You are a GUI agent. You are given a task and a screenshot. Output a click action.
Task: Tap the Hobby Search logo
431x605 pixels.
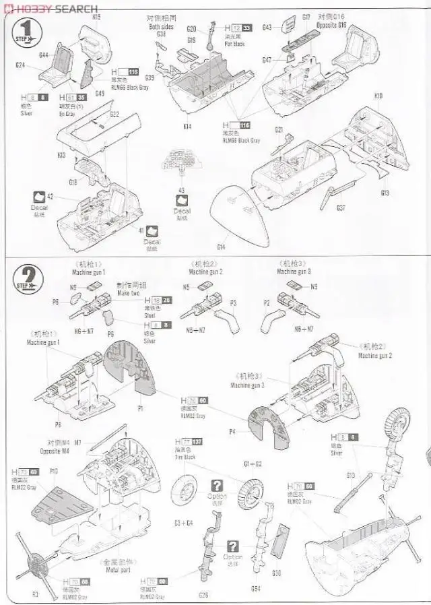[51, 7]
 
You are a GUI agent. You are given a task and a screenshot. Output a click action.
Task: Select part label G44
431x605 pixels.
[44, 55]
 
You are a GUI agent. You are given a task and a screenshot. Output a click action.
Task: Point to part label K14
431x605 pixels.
[187, 126]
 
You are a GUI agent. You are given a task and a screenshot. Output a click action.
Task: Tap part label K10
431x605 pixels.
[378, 96]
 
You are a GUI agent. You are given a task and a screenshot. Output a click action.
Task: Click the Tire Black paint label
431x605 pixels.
[185, 457]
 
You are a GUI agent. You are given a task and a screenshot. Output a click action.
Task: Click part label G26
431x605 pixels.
[204, 594]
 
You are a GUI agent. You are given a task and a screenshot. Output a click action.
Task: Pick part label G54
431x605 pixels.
[256, 588]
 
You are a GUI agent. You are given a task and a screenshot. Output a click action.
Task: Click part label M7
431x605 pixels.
[78, 442]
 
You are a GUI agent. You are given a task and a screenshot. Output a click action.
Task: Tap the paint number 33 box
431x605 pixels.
[247, 28]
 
